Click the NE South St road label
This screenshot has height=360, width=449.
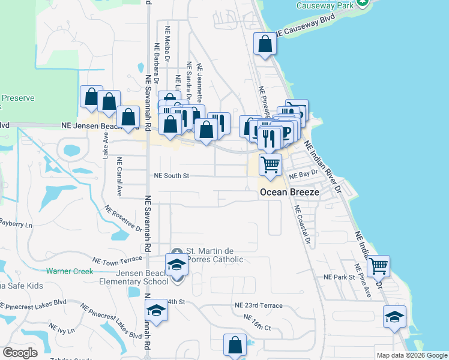click(x=172, y=176)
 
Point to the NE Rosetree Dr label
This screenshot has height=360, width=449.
click(x=122, y=219)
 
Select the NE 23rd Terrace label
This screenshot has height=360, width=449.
click(x=258, y=305)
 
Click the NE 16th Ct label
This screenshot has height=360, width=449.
click(x=258, y=322)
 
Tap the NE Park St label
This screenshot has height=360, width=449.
click(x=340, y=277)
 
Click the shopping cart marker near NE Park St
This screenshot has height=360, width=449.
click(x=378, y=265)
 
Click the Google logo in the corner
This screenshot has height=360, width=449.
click(x=20, y=353)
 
